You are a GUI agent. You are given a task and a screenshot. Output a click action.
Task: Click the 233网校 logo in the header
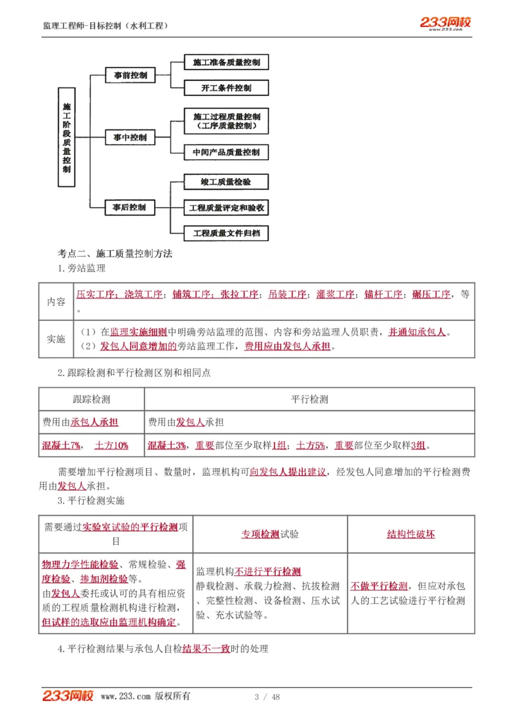445,23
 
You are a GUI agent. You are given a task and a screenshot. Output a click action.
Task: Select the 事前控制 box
130,75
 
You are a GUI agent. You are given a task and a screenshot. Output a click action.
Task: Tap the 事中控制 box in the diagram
130,138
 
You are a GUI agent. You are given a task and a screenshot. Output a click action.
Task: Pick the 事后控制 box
130,208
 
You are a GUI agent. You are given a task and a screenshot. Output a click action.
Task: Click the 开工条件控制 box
226,88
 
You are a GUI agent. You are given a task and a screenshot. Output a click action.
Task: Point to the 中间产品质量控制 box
226,152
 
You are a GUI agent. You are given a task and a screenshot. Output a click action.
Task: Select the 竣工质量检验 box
226,183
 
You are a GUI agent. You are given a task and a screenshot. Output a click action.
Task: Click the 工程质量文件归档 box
226,233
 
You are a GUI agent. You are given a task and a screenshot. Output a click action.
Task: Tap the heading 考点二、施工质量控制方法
115,254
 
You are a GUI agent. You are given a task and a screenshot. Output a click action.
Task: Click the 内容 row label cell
57,302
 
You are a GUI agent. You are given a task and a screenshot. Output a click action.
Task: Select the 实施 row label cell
57,339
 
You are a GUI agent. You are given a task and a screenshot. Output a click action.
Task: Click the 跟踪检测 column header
92,399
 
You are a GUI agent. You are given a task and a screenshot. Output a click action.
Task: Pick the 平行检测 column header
310,399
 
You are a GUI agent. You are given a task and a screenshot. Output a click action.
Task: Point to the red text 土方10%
111,445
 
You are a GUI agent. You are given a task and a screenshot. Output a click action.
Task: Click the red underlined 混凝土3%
167,445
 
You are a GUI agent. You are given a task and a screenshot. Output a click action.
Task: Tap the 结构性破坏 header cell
411,534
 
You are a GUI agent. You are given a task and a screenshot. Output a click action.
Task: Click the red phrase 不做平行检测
379,586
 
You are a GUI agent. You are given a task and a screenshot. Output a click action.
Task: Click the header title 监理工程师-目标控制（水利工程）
106,26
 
